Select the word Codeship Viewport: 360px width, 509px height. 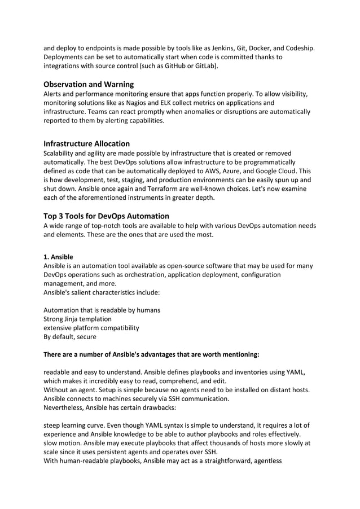pos(298,47)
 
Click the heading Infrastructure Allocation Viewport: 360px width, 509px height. pos(87,143)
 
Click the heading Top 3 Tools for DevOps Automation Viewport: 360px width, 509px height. pos(106,216)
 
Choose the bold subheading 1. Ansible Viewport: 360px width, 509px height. pos(58,256)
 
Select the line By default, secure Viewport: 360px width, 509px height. pos(70,337)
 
